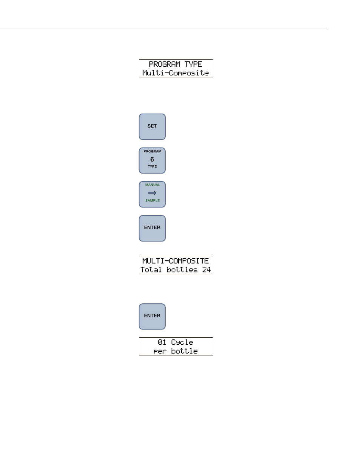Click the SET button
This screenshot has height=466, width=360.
coord(152,127)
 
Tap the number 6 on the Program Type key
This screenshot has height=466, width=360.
coord(152,159)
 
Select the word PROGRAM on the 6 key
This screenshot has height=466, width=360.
coord(152,151)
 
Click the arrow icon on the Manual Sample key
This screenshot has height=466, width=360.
coord(152,193)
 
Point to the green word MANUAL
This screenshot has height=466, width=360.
coord(152,185)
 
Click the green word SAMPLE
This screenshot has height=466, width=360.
coord(152,200)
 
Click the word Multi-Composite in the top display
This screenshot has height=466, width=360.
coord(175,73)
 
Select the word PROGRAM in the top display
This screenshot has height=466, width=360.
coord(165,64)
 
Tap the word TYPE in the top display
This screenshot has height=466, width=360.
coord(193,64)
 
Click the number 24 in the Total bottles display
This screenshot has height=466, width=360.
coord(206,269)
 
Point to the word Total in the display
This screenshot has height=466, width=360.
coord(151,269)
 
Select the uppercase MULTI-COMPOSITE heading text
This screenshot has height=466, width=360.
coord(175,261)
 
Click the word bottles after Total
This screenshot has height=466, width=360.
coord(182,269)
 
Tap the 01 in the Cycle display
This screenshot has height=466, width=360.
coord(162,342)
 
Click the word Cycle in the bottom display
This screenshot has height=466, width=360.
coord(182,343)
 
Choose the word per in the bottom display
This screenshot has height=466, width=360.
coord(160,351)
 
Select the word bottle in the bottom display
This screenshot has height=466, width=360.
coord(185,351)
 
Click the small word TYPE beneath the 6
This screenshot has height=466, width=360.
coord(152,166)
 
